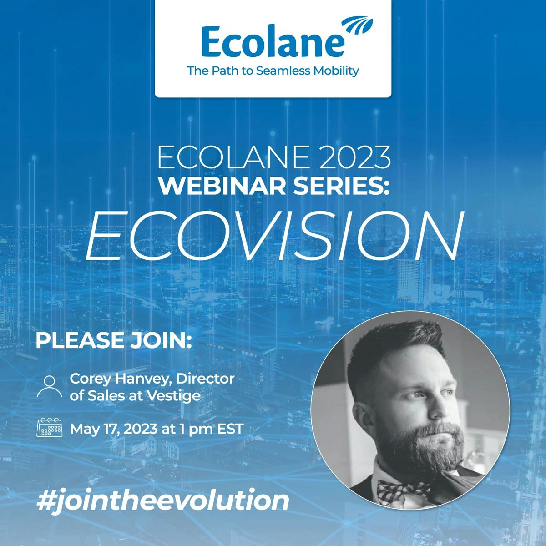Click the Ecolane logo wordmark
pos(272,42)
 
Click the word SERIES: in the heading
pos(344,185)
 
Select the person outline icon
pos(49,387)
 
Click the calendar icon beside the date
pos(49,428)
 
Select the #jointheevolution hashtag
pos(162,500)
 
